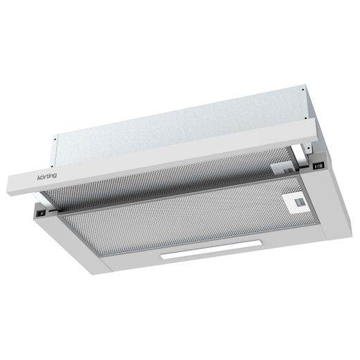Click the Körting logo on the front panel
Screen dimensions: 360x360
(47, 177)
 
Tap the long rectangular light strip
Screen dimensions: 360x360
(211, 249)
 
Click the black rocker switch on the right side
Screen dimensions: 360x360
(318, 165)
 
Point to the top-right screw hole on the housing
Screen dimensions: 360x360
(303, 89)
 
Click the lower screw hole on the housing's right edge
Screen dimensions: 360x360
(305, 118)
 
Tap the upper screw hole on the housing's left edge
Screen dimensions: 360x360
(55, 139)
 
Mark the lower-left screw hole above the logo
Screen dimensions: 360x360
(52, 165)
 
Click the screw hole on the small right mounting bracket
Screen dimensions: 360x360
(307, 147)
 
